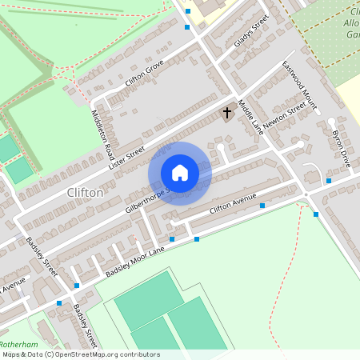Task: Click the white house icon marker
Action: pos(180,174)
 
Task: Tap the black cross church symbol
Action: pos(227,113)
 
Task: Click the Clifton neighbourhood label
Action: pos(85,193)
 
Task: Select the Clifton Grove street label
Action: pos(144,74)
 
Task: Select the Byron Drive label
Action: pos(341,148)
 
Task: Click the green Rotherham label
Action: pos(20,343)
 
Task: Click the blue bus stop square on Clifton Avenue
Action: pos(262,206)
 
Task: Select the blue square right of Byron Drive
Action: pos(329,182)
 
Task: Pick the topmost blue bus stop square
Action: pos(188,11)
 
